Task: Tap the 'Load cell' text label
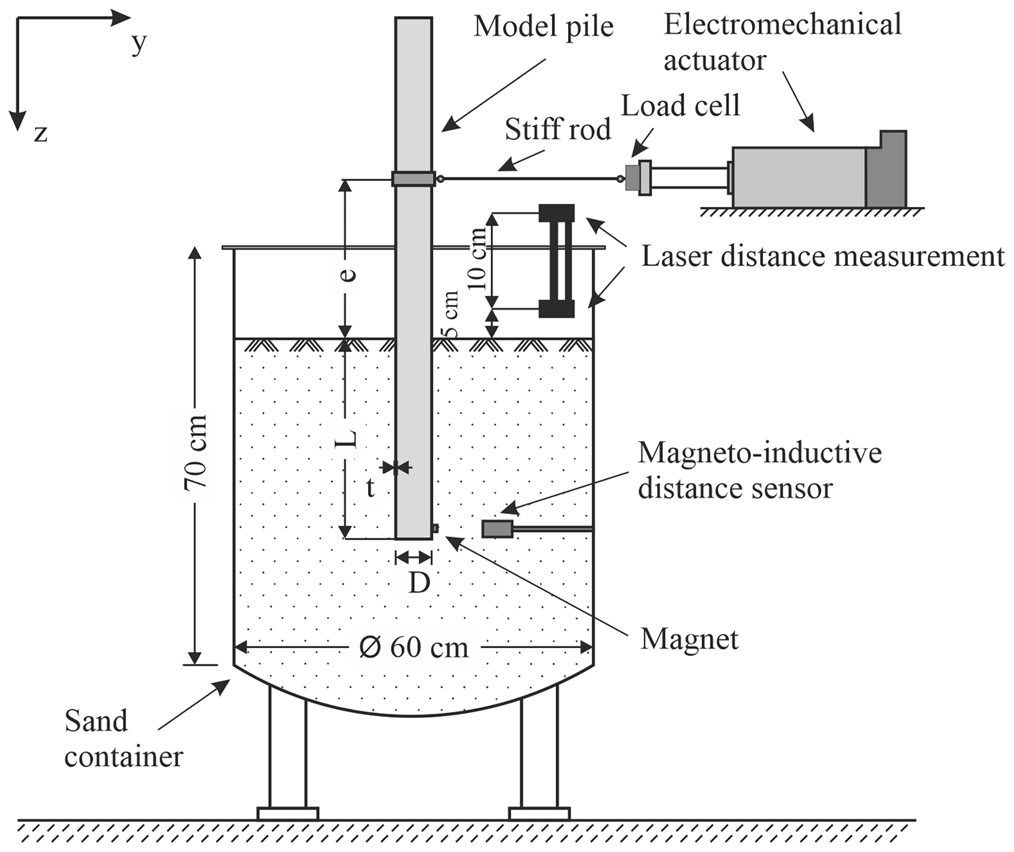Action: coord(680,105)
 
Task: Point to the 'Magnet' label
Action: coord(689,639)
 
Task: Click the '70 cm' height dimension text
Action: coord(196,452)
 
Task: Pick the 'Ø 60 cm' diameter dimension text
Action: coord(414,648)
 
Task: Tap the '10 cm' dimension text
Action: coord(477,259)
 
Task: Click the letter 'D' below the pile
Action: coord(419,583)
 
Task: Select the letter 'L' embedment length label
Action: coord(346,439)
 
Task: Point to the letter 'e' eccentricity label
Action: coord(347,275)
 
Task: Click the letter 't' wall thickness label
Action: coord(370,488)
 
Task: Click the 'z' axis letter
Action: coord(40,133)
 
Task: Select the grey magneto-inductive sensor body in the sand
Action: coord(497,529)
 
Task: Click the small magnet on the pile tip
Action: coord(435,528)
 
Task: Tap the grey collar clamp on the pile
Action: coord(413,178)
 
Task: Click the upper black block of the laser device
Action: coord(556,213)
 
